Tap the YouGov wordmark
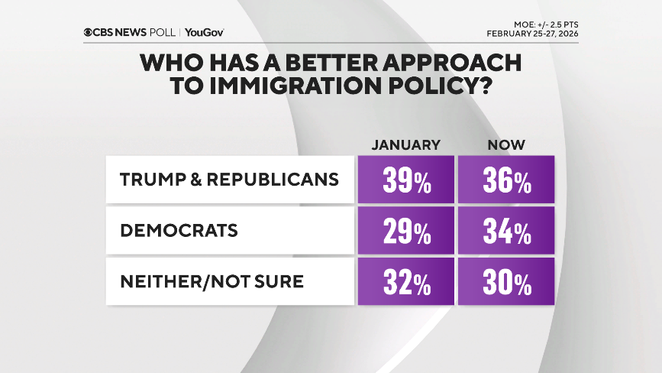(204, 33)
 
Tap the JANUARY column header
(405, 144)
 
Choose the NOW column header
(505, 144)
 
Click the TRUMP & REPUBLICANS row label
(229, 180)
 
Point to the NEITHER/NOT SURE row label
(212, 281)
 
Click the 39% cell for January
(405, 180)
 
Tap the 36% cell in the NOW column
(505, 180)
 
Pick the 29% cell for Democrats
(405, 231)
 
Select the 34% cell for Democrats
(505, 231)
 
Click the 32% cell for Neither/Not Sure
(405, 281)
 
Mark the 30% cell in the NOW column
(505, 281)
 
